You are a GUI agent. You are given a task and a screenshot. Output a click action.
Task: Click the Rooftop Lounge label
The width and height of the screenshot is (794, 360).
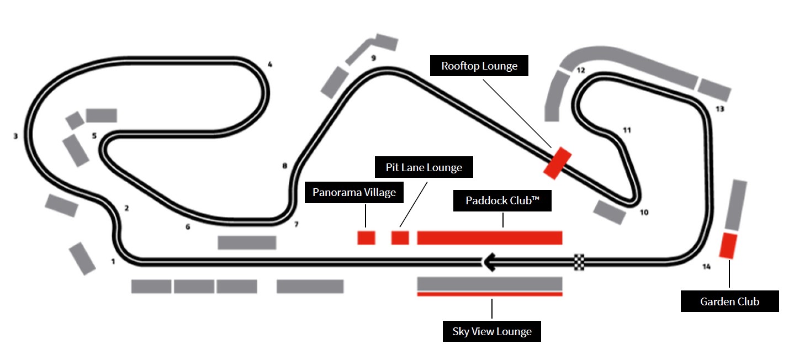click(x=479, y=66)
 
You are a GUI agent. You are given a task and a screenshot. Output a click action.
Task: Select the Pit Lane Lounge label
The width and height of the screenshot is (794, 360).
click(x=424, y=167)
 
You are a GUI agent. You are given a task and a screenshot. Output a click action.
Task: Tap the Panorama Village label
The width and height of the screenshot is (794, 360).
click(x=354, y=193)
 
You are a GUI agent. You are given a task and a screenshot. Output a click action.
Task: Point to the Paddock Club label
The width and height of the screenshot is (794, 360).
click(x=502, y=200)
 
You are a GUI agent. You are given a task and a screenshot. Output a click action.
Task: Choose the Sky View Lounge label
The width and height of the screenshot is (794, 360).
click(x=492, y=331)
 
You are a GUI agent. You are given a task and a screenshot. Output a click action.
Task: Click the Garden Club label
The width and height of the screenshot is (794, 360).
click(x=729, y=301)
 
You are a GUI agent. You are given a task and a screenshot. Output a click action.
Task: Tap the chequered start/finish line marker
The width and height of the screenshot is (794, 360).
click(x=579, y=262)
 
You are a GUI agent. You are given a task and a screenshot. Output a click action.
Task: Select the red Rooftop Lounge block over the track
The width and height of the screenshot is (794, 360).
click(x=557, y=163)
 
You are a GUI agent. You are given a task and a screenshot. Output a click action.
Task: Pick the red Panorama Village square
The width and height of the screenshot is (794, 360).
click(x=367, y=238)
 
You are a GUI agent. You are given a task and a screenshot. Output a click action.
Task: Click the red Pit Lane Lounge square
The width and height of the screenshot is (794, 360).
click(x=400, y=238)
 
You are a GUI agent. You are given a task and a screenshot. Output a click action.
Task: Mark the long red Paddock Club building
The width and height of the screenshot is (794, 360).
click(x=489, y=238)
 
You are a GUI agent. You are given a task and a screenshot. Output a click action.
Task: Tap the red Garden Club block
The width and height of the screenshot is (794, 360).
click(x=728, y=246)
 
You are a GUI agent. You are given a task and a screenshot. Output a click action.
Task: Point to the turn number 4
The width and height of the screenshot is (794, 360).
click(x=270, y=65)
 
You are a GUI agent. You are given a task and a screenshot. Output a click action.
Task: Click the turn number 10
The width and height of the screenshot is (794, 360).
click(x=644, y=213)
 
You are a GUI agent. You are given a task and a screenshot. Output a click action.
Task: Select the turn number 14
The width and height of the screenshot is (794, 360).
click(x=706, y=267)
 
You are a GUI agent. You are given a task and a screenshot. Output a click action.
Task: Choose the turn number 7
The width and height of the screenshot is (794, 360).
click(x=296, y=225)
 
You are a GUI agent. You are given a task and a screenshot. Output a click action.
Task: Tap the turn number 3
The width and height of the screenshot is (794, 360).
click(x=15, y=135)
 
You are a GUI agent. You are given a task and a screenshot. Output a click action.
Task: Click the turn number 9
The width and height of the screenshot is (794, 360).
click(x=373, y=58)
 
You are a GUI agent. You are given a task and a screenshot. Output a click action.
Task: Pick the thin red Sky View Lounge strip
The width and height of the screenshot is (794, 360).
click(x=489, y=294)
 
